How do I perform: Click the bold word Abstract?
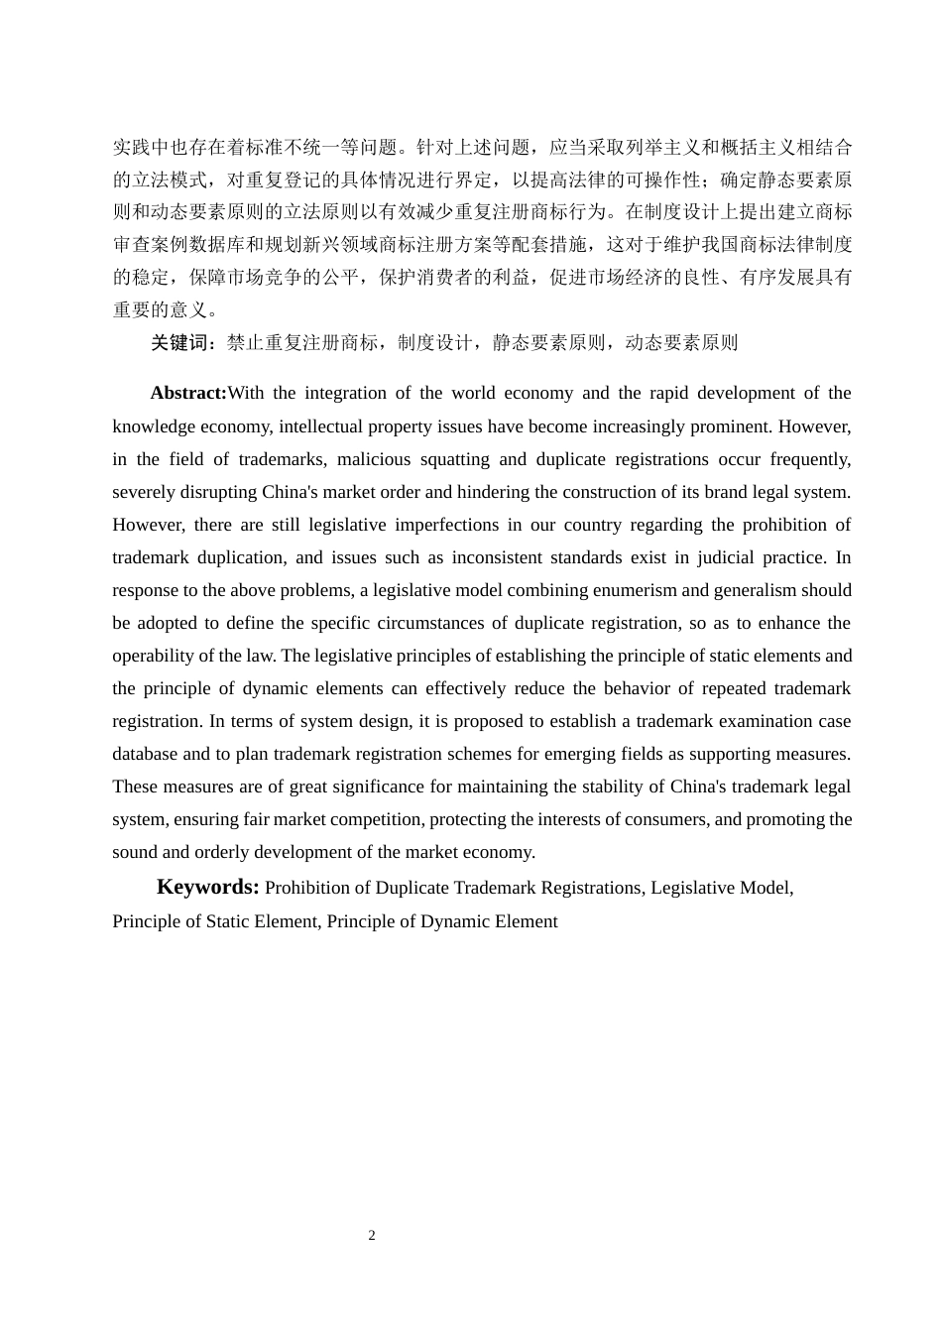pyautogui.click(x=188, y=393)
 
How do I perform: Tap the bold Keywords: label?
pyautogui.click(x=207, y=887)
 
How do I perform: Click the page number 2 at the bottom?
pyautogui.click(x=372, y=1235)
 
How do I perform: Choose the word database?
pyautogui.click(x=145, y=754)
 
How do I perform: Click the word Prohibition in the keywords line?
pyautogui.click(x=311, y=888)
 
